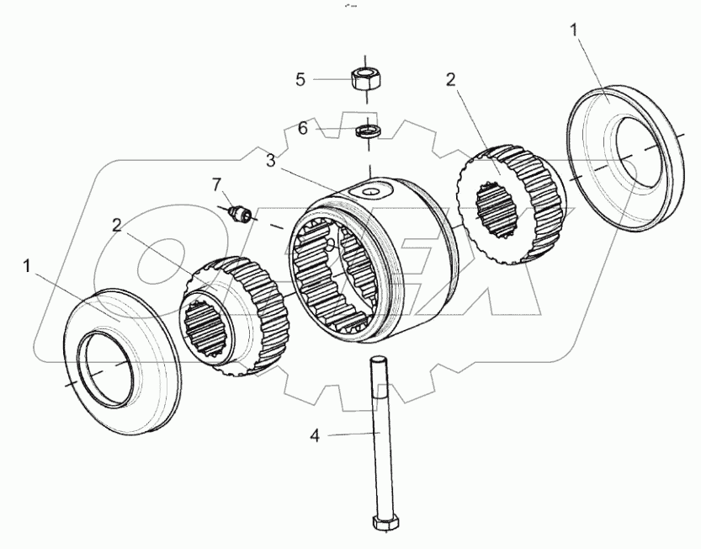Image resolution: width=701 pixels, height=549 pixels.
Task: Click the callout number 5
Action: pyautogui.click(x=300, y=80)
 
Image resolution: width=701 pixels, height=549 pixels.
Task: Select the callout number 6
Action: pyautogui.click(x=301, y=128)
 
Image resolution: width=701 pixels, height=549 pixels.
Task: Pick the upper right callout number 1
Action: pyautogui.click(x=574, y=30)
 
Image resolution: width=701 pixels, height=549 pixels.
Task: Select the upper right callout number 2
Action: pyautogui.click(x=450, y=80)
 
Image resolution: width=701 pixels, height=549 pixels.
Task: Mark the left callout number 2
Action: pyautogui.click(x=118, y=225)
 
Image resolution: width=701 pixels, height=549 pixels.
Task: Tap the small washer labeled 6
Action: pyautogui.click(x=367, y=131)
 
